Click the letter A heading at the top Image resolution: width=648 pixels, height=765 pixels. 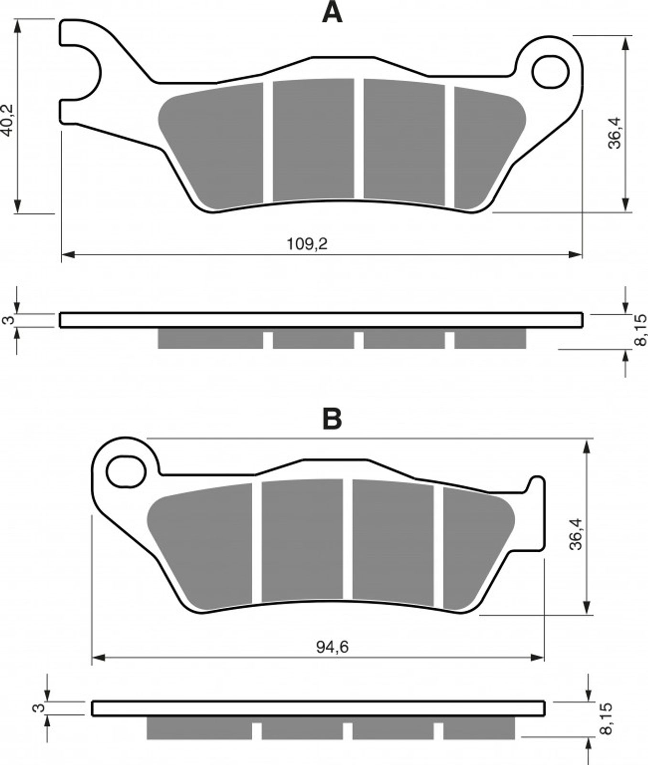point(332,12)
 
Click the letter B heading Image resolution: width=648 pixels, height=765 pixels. point(332,419)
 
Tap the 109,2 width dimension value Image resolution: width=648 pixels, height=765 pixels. point(307,244)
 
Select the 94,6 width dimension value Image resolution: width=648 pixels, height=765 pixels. point(332,647)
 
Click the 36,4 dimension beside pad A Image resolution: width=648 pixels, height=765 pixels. point(615,132)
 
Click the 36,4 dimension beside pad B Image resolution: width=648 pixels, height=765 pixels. point(576,534)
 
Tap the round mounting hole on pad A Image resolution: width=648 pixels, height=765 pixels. point(551,72)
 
